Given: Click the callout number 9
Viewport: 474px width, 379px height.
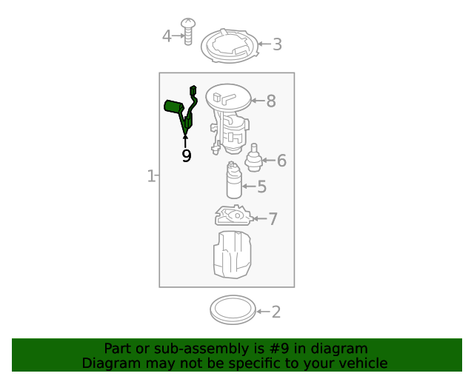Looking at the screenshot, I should point(186,155).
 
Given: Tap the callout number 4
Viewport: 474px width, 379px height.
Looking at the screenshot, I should point(167,36).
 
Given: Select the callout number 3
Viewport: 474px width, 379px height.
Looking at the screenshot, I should point(277,44).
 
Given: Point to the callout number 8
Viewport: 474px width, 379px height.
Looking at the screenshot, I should point(271,101).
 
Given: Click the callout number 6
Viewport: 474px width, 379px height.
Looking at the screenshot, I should point(281,161).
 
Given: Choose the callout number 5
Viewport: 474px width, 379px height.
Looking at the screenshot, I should point(261,187).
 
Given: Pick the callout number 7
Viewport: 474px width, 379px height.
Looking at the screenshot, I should point(273,218).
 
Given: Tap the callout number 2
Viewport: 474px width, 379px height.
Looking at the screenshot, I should point(276,312).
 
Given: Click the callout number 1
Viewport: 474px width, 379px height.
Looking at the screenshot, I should point(150,176).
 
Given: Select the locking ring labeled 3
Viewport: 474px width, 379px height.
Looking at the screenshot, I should point(230,46).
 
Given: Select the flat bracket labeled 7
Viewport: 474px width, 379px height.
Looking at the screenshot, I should point(233,216).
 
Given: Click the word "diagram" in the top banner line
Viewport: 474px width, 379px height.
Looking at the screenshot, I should point(339,348).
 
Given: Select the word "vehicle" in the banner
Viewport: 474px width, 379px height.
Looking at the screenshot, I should point(361,363).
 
